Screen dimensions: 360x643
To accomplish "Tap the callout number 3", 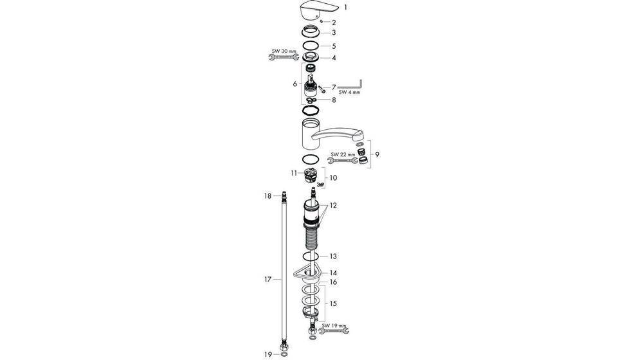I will [x=334, y=32].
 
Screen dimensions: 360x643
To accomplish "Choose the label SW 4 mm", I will [x=350, y=92].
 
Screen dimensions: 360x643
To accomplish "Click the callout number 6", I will [x=294, y=84].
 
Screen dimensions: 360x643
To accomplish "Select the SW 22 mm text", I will [x=343, y=154].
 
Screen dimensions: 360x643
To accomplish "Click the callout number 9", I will [x=377, y=154].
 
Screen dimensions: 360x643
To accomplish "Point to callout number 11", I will [x=293, y=173].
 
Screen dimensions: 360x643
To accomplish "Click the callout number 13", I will [x=333, y=256].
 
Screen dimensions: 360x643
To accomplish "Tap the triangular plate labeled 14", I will [x=302, y=275].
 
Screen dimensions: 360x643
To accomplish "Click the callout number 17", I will [x=269, y=280].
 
